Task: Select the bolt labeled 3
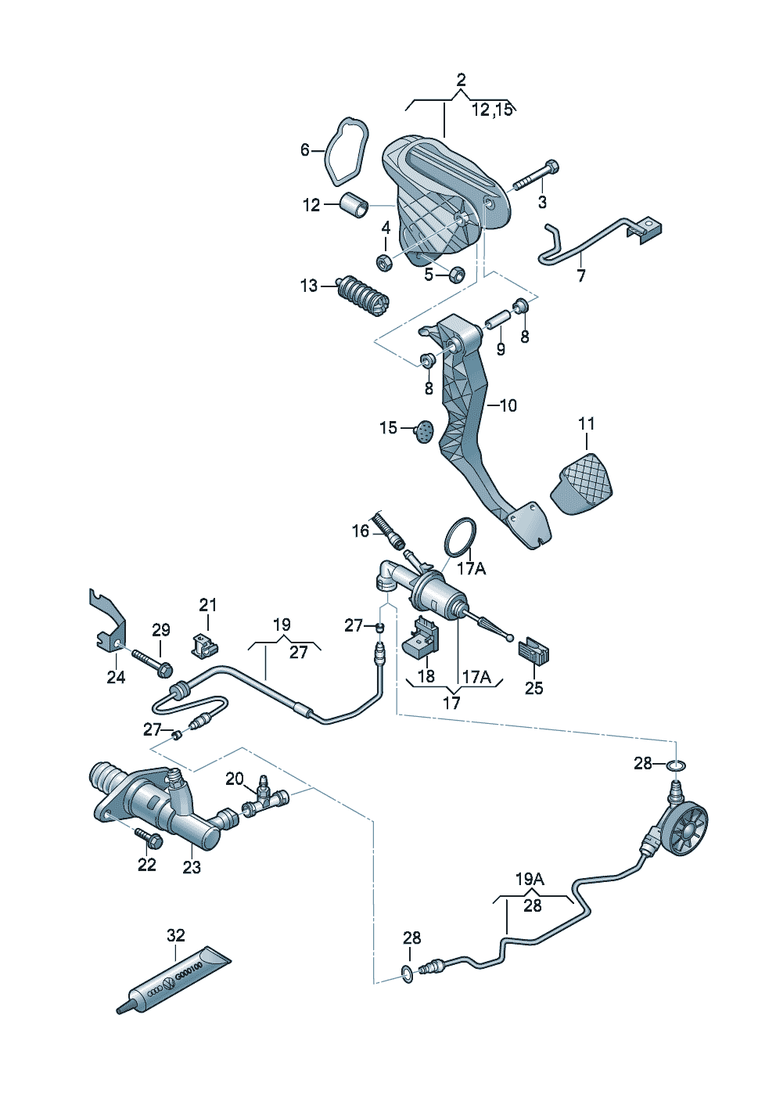tap(536, 175)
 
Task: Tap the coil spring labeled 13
tap(362, 296)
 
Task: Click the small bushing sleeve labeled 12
tap(354, 205)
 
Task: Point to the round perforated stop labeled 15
tap(425, 432)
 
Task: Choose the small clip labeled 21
tap(204, 646)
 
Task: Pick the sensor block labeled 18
tap(421, 634)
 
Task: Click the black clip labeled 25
tap(533, 650)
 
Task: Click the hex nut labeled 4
tap(383, 263)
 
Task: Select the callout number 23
tap(192, 868)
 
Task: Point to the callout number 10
tap(509, 405)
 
